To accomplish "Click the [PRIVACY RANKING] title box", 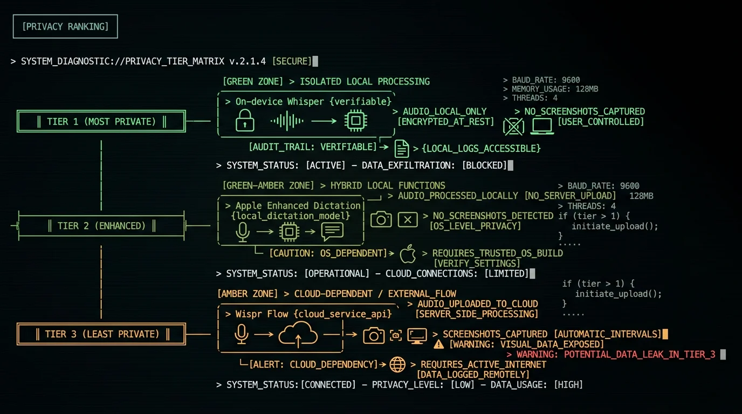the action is pyautogui.click(x=65, y=26).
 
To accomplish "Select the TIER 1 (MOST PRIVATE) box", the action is pyautogui.click(x=101, y=121).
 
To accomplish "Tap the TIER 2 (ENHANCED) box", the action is pyautogui.click(x=101, y=226).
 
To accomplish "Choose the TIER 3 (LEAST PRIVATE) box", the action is pyautogui.click(x=101, y=334).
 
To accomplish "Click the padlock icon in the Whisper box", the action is pyautogui.click(x=245, y=120).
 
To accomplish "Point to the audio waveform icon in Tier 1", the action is pyautogui.click(x=287, y=121).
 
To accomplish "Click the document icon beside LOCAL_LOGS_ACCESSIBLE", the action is pyautogui.click(x=402, y=148).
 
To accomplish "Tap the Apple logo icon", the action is pyautogui.click(x=408, y=254).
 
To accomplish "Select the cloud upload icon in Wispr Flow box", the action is pyautogui.click(x=298, y=335).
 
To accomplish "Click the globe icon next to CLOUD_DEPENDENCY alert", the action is pyautogui.click(x=397, y=364).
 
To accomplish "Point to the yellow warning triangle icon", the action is pyautogui.click(x=438, y=344).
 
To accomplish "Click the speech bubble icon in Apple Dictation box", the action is pyautogui.click(x=332, y=231).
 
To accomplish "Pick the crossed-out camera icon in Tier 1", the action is pyautogui.click(x=513, y=126).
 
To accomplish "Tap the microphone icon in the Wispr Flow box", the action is pyautogui.click(x=242, y=334).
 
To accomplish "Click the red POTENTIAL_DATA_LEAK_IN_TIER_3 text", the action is pyautogui.click(x=640, y=354).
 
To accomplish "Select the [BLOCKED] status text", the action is pyautogui.click(x=484, y=165).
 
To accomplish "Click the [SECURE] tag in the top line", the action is pyautogui.click(x=292, y=61).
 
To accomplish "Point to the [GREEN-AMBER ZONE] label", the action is pyautogui.click(x=268, y=185).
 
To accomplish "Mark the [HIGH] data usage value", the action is pyautogui.click(x=568, y=385).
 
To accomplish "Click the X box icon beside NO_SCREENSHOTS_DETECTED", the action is pyautogui.click(x=408, y=219).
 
